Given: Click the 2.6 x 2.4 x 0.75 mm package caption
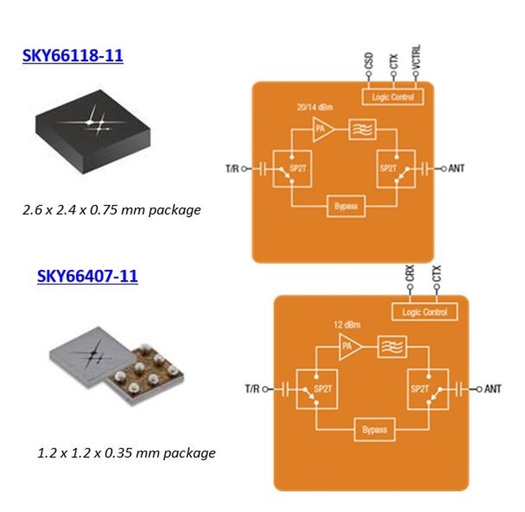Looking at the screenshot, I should click(111, 210).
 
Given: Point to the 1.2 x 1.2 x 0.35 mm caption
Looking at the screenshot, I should click(126, 452).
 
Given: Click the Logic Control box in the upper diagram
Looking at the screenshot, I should click(393, 96).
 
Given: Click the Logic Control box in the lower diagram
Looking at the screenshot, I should click(424, 313).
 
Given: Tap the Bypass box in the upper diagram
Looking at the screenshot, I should click(345, 206).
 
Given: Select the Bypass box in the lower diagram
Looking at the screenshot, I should click(374, 429).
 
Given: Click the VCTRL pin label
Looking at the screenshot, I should click(416, 57).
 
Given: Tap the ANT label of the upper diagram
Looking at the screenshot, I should click(456, 168).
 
